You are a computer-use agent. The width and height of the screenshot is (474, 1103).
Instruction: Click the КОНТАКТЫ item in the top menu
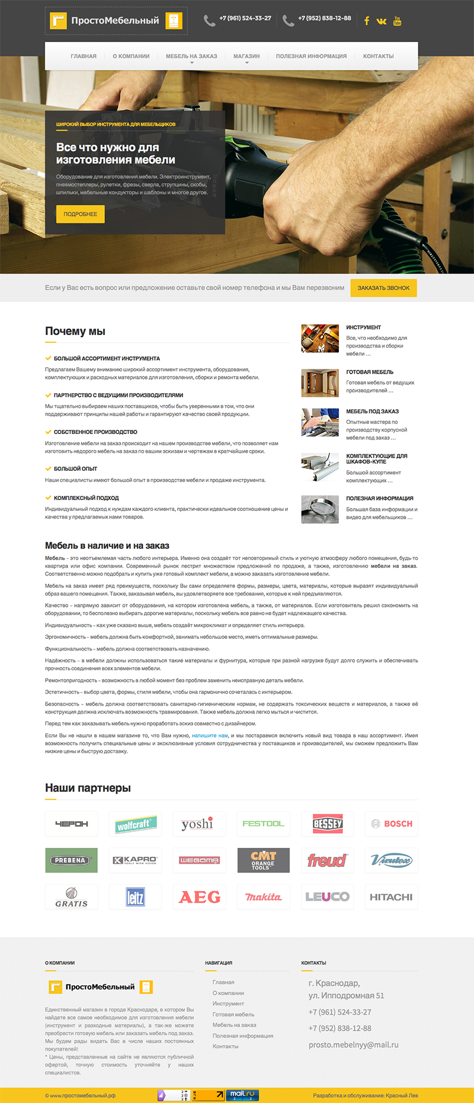tap(378, 56)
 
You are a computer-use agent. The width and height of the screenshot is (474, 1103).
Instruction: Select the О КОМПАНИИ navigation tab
tap(131, 56)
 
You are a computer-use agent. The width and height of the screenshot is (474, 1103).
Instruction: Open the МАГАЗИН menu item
tap(246, 56)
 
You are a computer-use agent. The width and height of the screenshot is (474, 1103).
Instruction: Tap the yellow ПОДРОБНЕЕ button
tap(81, 214)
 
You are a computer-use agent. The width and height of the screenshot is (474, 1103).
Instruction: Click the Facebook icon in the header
tap(367, 21)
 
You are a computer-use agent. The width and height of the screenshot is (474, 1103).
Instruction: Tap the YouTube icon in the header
tap(397, 21)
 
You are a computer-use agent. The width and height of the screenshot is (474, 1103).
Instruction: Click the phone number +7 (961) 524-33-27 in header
tap(245, 18)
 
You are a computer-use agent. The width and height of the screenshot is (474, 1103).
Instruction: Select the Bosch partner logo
tap(391, 824)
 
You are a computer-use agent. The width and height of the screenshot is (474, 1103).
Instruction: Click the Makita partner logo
tap(263, 897)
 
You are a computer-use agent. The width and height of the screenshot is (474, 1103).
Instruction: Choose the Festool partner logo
tap(263, 824)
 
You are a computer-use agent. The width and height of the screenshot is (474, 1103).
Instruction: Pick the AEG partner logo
tap(199, 897)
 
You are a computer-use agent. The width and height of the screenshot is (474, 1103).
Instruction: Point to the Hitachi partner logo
tap(391, 897)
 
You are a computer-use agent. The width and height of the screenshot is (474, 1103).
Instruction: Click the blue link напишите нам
tap(210, 736)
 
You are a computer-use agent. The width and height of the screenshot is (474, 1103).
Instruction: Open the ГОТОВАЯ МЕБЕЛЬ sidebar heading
tap(370, 372)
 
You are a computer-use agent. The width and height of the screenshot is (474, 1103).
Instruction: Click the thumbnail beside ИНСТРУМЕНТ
tap(320, 338)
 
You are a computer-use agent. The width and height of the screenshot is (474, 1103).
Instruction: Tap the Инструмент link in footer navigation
tap(228, 1004)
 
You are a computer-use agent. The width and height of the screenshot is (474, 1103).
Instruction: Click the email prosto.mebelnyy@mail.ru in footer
tap(353, 1044)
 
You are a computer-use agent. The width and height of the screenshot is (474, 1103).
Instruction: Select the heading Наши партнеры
tap(88, 788)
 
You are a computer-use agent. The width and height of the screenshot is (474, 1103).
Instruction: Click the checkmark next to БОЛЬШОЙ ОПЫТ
tap(48, 468)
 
